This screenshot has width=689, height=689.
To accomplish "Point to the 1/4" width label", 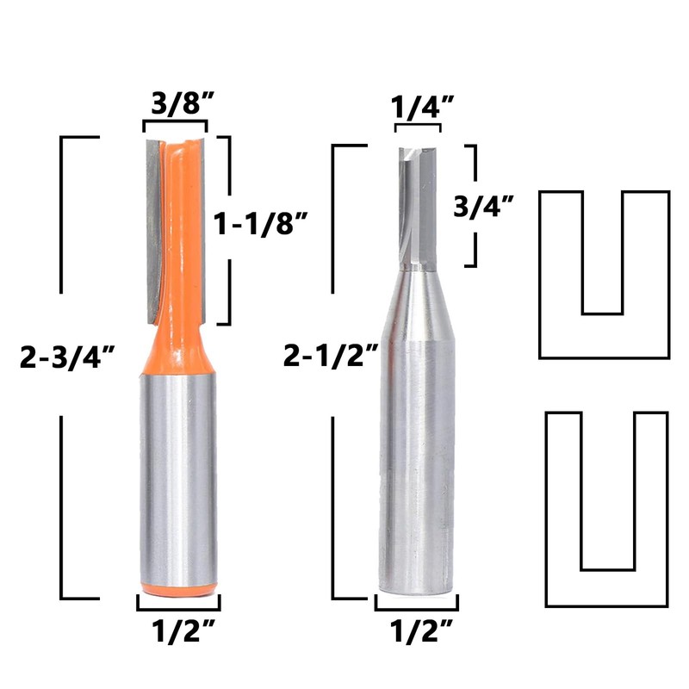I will tap(418, 109).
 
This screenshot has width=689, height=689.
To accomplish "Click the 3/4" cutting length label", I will tap(484, 206).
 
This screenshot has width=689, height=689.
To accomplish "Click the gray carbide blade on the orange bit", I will tap(152, 215).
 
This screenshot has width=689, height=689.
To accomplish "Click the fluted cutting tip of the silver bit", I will tap(419, 207).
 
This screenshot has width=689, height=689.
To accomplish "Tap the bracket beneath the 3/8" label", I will tap(175, 126).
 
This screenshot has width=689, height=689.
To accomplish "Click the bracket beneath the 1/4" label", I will tap(418, 128).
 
